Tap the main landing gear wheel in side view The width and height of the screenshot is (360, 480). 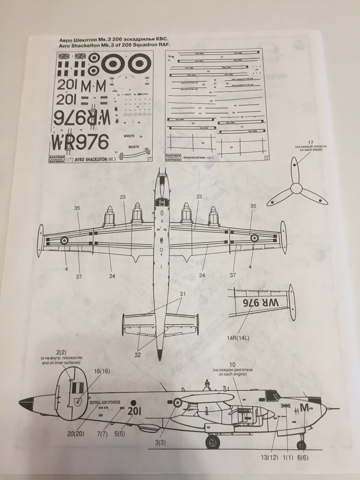[213, 442]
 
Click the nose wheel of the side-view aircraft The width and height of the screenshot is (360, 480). [301, 445]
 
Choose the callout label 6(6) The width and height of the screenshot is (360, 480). [302, 458]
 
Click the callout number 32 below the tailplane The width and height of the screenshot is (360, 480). [137, 355]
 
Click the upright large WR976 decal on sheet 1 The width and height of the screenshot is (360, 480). [80, 142]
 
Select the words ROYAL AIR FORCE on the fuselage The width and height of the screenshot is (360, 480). [105, 402]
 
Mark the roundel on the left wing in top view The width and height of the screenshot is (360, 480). [65, 240]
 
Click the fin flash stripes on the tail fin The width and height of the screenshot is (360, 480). [77, 388]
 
